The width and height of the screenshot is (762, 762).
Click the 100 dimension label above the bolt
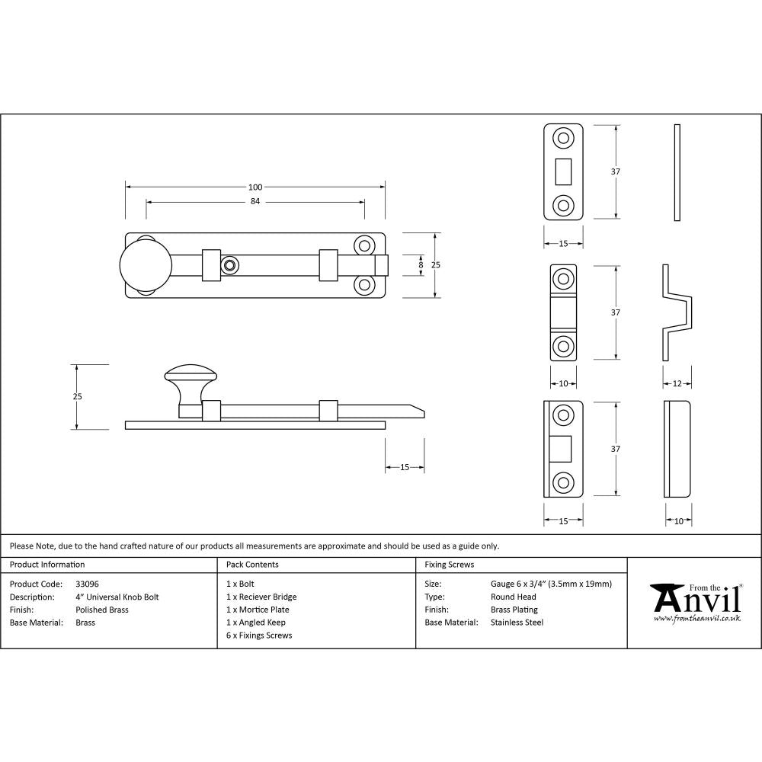255,187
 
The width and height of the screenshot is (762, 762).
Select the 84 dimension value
255,202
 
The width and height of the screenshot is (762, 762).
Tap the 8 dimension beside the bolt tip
420,264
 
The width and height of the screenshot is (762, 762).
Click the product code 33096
87,584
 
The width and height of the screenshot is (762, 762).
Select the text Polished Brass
102,610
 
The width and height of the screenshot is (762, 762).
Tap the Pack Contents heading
252,565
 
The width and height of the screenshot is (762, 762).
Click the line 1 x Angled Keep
256,623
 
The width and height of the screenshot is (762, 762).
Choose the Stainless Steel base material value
517,623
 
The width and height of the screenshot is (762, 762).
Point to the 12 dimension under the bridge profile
677,383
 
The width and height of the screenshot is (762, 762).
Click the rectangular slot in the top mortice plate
564,171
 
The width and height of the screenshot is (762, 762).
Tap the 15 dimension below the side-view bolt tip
405,467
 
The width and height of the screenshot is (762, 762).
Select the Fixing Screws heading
449,565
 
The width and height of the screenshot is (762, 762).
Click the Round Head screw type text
513,597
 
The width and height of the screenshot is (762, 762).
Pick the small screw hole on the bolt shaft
229,264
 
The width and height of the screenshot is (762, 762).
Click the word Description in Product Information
30,597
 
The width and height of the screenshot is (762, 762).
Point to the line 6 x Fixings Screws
259,636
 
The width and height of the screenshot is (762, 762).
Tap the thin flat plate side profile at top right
677,172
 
